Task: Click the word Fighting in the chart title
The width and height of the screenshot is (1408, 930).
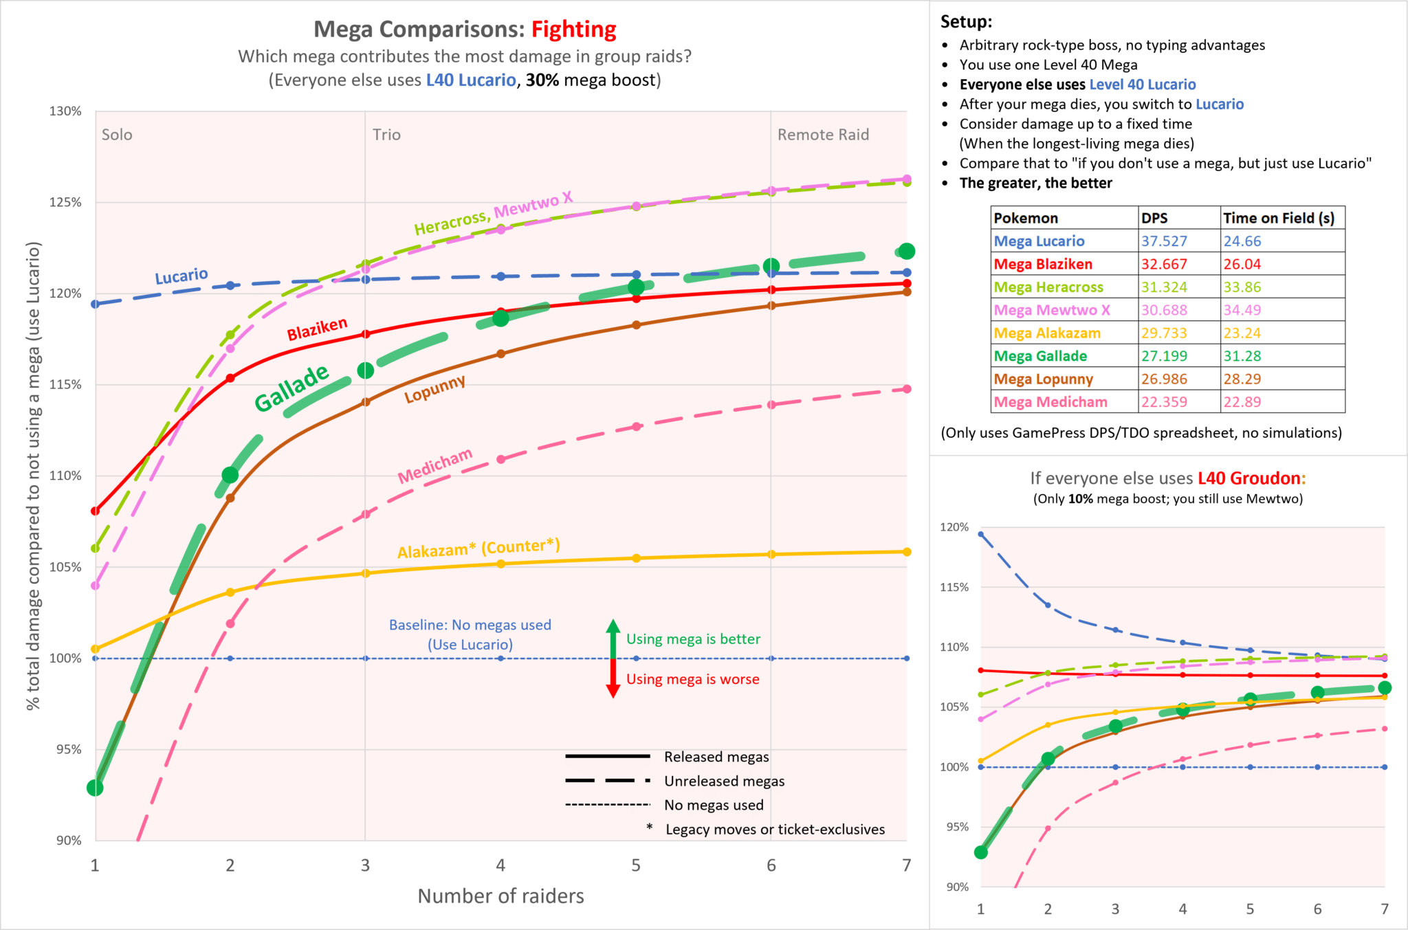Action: pos(573,30)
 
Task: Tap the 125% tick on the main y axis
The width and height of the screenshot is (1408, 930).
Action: pos(65,202)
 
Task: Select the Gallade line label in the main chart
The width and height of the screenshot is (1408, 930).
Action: pos(291,388)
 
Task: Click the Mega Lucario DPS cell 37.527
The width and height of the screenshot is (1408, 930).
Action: pos(1164,241)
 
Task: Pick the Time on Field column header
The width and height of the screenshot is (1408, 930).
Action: pos(1279,218)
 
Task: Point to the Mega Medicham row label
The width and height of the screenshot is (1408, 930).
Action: pos(1050,402)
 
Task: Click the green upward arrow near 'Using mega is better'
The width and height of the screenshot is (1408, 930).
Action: pos(613,637)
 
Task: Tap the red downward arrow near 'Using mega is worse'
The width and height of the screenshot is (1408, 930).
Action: pos(613,680)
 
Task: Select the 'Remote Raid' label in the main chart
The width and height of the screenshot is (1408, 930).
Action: pos(823,135)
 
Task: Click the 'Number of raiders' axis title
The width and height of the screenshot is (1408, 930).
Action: pos(500,896)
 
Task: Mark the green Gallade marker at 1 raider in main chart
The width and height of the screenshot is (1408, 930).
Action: pos(95,788)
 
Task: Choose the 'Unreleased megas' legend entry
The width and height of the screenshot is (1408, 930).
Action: pos(724,781)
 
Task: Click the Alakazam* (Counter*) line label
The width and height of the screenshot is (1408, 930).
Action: pos(478,549)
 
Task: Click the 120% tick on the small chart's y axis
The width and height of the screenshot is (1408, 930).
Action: pos(954,527)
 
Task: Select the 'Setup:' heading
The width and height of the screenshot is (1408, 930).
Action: pos(966,21)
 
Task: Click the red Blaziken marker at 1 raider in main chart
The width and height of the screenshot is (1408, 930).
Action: pos(96,511)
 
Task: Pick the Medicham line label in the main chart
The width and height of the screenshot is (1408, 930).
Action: pos(435,465)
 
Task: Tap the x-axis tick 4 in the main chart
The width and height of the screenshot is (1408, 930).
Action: pos(500,865)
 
